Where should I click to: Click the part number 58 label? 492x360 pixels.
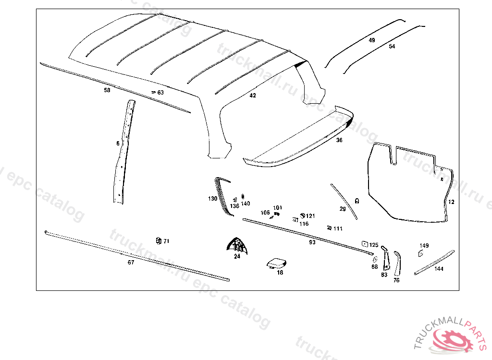tap(107, 90)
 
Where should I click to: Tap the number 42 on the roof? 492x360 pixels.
tap(253, 96)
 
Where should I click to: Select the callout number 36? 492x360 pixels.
tap(339, 140)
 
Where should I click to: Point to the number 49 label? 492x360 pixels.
tap(372, 40)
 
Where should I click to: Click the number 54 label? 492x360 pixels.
tap(392, 47)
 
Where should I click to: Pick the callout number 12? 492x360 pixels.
tap(451, 202)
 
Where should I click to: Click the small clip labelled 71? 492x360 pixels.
tap(158, 240)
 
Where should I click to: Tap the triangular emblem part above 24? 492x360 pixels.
tap(237, 245)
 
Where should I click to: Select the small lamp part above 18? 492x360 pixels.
tap(276, 263)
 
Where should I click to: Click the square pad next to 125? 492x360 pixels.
tap(364, 244)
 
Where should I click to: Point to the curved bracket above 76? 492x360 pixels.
tap(397, 262)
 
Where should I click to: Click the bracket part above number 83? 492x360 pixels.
tap(385, 258)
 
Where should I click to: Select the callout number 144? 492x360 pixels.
tap(439, 269)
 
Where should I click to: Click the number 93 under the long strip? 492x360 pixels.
tap(312, 242)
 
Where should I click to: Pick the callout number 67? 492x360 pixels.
tap(131, 262)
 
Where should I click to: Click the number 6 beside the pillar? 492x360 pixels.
tap(118, 143)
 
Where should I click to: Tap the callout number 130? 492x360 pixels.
tap(212, 198)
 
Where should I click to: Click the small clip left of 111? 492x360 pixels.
tap(329, 228)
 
